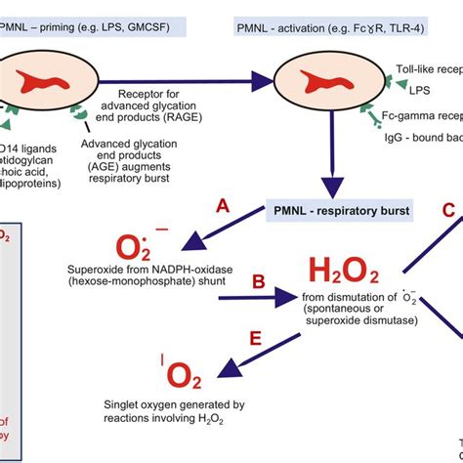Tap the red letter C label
(x=448, y=210)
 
